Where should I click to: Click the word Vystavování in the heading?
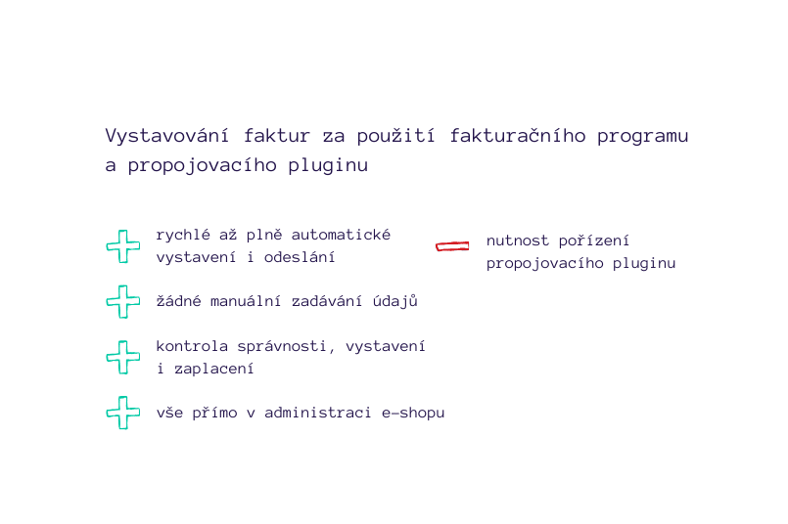click(166, 136)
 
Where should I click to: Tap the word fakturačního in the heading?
click(518, 136)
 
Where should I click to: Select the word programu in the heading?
click(643, 137)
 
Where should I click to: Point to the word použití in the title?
click(396, 136)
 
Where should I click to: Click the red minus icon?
click(452, 246)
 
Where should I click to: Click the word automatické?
click(341, 235)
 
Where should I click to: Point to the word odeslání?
click(300, 257)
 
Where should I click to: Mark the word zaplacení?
click(214, 369)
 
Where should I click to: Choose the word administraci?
click(317, 413)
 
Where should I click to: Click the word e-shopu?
click(413, 414)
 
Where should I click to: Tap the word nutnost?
click(518, 240)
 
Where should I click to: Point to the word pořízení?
click(593, 240)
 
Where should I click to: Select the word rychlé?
click(183, 235)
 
